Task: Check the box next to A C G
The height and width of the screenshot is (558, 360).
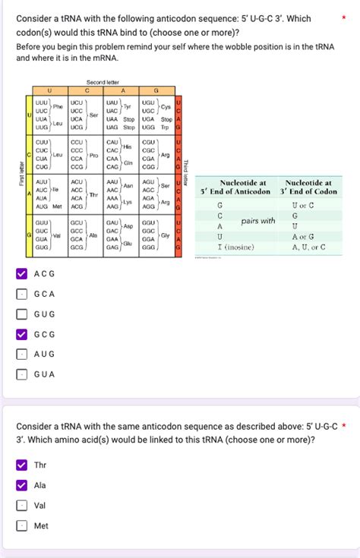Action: [22, 274]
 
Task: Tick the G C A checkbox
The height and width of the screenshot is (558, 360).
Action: [22, 294]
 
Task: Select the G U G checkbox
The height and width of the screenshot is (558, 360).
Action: [22, 314]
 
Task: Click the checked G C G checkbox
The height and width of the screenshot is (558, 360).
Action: [22, 334]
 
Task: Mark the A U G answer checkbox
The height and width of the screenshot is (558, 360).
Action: [22, 354]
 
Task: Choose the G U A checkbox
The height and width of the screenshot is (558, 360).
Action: [22, 374]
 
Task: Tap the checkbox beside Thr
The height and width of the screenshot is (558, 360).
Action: [22, 465]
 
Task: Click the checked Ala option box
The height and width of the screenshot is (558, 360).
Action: [22, 485]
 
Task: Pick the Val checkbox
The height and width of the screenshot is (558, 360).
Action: [22, 505]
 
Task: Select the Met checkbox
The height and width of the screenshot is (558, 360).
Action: [22, 525]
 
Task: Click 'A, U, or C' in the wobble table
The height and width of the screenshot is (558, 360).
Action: [308, 247]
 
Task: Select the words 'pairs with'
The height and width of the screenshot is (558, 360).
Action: [257, 221]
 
